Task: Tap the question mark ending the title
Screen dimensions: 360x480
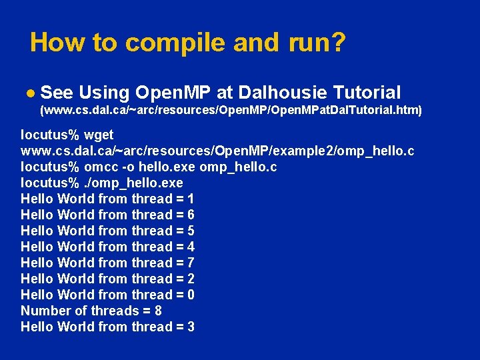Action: pos(338,43)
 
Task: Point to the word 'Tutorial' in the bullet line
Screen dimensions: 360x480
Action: pos(366,92)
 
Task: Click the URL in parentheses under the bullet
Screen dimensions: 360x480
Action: pos(231,109)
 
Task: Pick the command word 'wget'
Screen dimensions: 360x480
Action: pos(99,135)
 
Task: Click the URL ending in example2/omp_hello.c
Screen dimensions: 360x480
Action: pos(217,151)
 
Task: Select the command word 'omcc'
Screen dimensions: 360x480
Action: pos(98,167)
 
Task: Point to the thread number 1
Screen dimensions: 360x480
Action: pos(191,199)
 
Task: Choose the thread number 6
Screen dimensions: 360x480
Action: pos(191,215)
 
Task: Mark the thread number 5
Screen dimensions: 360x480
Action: pos(191,231)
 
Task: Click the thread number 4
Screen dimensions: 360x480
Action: pos(191,247)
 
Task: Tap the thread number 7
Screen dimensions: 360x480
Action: pos(191,263)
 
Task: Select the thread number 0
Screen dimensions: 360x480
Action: pos(191,295)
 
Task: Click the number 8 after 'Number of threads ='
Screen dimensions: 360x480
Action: pos(157,311)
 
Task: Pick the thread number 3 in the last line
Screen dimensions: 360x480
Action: pos(191,327)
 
